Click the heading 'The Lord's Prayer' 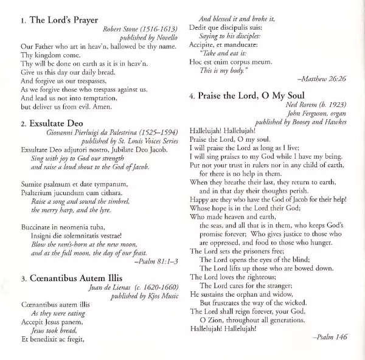pos(64,20)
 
